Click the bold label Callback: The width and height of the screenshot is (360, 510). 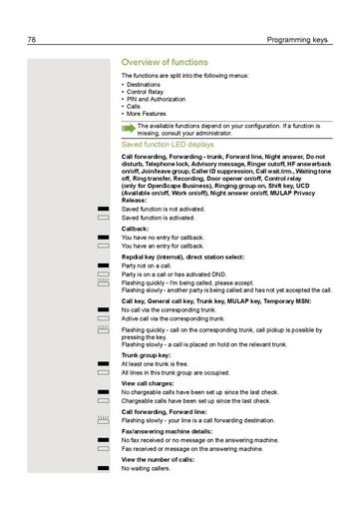pyautogui.click(x=135, y=229)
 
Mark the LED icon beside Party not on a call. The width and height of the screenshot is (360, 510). pyautogui.click(x=103, y=265)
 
